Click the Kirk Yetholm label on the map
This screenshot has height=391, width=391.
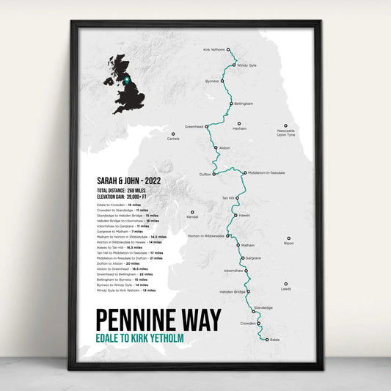213,50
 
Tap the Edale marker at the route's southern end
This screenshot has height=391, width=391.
267,340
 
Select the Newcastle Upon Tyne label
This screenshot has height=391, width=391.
286,133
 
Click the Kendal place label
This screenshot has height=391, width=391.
192,217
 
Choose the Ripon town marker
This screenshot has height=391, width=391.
288,238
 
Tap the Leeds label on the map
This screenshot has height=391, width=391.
285,288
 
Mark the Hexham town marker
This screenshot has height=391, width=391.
239,124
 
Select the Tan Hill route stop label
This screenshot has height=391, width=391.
228,198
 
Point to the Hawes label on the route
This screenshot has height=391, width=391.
244,215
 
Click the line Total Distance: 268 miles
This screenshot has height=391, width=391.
121,190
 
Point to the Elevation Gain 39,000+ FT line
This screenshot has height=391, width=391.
120,197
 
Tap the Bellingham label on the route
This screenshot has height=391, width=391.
244,103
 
